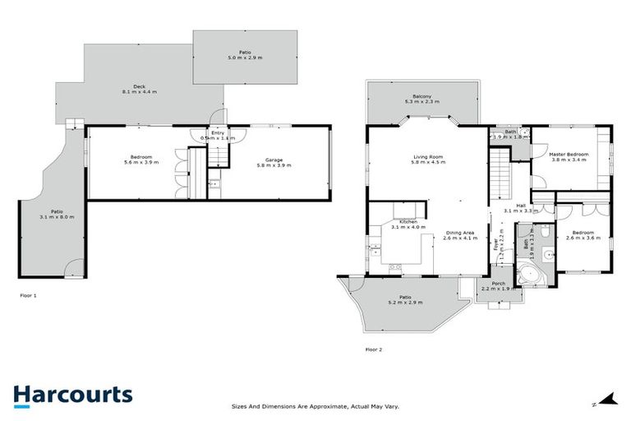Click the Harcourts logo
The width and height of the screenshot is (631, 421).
pyautogui.click(x=72, y=394)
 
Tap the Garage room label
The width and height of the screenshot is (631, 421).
pyautogui.click(x=273, y=162)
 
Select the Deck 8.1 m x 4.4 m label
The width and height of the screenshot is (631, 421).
pyautogui.click(x=128, y=91)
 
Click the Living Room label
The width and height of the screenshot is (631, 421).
pyautogui.click(x=428, y=160)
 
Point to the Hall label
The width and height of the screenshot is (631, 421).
pyautogui.click(x=520, y=208)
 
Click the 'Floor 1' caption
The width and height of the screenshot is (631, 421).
pyautogui.click(x=29, y=294)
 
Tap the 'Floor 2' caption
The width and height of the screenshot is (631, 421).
pyautogui.click(x=373, y=349)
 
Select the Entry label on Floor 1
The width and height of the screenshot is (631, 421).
pyautogui.click(x=217, y=135)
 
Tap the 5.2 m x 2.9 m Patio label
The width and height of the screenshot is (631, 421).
pyautogui.click(x=405, y=300)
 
